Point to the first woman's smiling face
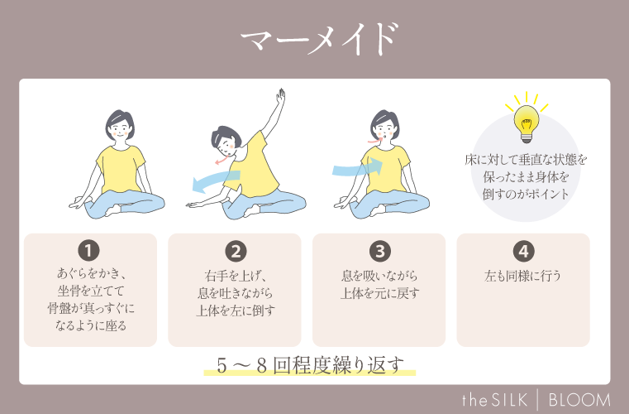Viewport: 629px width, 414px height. (x=119, y=128)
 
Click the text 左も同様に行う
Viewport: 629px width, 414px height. (x=522, y=276)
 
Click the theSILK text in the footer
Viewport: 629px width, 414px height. (x=495, y=399)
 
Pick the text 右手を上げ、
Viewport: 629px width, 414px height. (x=235, y=276)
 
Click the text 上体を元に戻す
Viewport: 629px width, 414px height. (x=379, y=294)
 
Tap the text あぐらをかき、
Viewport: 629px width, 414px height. (x=90, y=272)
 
